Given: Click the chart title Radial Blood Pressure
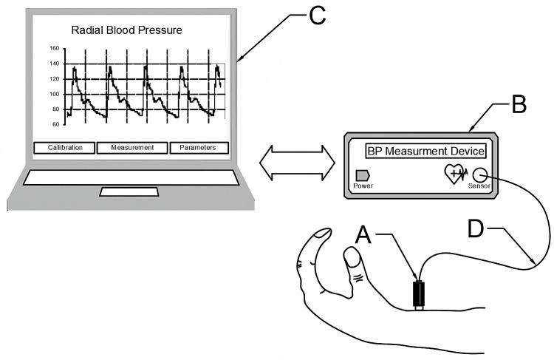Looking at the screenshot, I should pos(126,30).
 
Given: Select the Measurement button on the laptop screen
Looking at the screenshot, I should pos(132,147).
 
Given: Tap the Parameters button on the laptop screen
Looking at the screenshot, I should pos(197,147).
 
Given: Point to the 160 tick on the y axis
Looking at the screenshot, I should pos(54,49).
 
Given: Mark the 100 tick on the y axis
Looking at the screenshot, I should pos(54,94).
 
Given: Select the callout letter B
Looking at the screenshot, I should pos(520,104).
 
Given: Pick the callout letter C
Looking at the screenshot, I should pos(316,16).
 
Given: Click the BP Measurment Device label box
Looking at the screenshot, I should pos(426,152).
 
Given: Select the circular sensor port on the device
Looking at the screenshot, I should pos(480,175).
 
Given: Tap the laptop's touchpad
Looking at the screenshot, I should pos(129,192).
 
